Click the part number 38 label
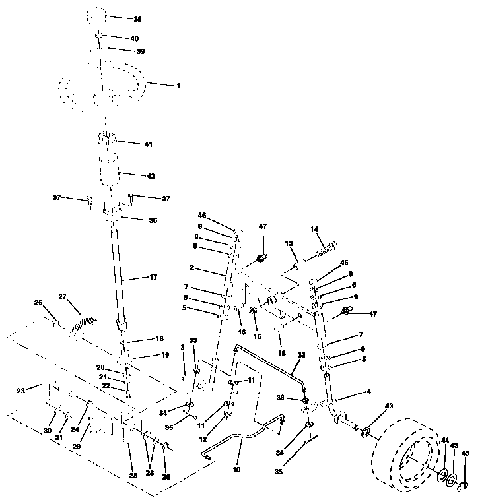point(138,19)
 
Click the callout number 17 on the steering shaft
point(154,278)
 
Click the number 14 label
point(314,229)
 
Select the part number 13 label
point(289,244)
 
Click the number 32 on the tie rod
point(301,354)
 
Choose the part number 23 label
point(20,391)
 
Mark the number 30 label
point(47,431)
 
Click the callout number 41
point(149,143)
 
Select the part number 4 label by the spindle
point(368,391)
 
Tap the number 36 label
point(153,220)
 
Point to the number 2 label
point(191,268)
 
